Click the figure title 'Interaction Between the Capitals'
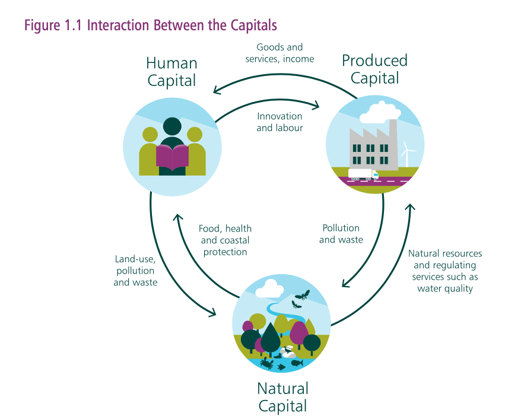[182, 26]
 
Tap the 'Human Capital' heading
[171, 72]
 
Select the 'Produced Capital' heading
[375, 69]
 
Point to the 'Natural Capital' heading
[283, 398]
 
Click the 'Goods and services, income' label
[279, 53]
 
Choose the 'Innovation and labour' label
[279, 122]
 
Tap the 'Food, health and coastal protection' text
[225, 240]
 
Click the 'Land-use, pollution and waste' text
[135, 271]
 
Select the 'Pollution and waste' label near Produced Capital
[341, 234]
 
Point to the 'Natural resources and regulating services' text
[445, 271]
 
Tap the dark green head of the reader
[172, 126]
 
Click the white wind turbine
[407, 154]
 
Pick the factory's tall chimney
[393, 144]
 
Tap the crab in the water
[267, 363]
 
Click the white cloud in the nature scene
[272, 288]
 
